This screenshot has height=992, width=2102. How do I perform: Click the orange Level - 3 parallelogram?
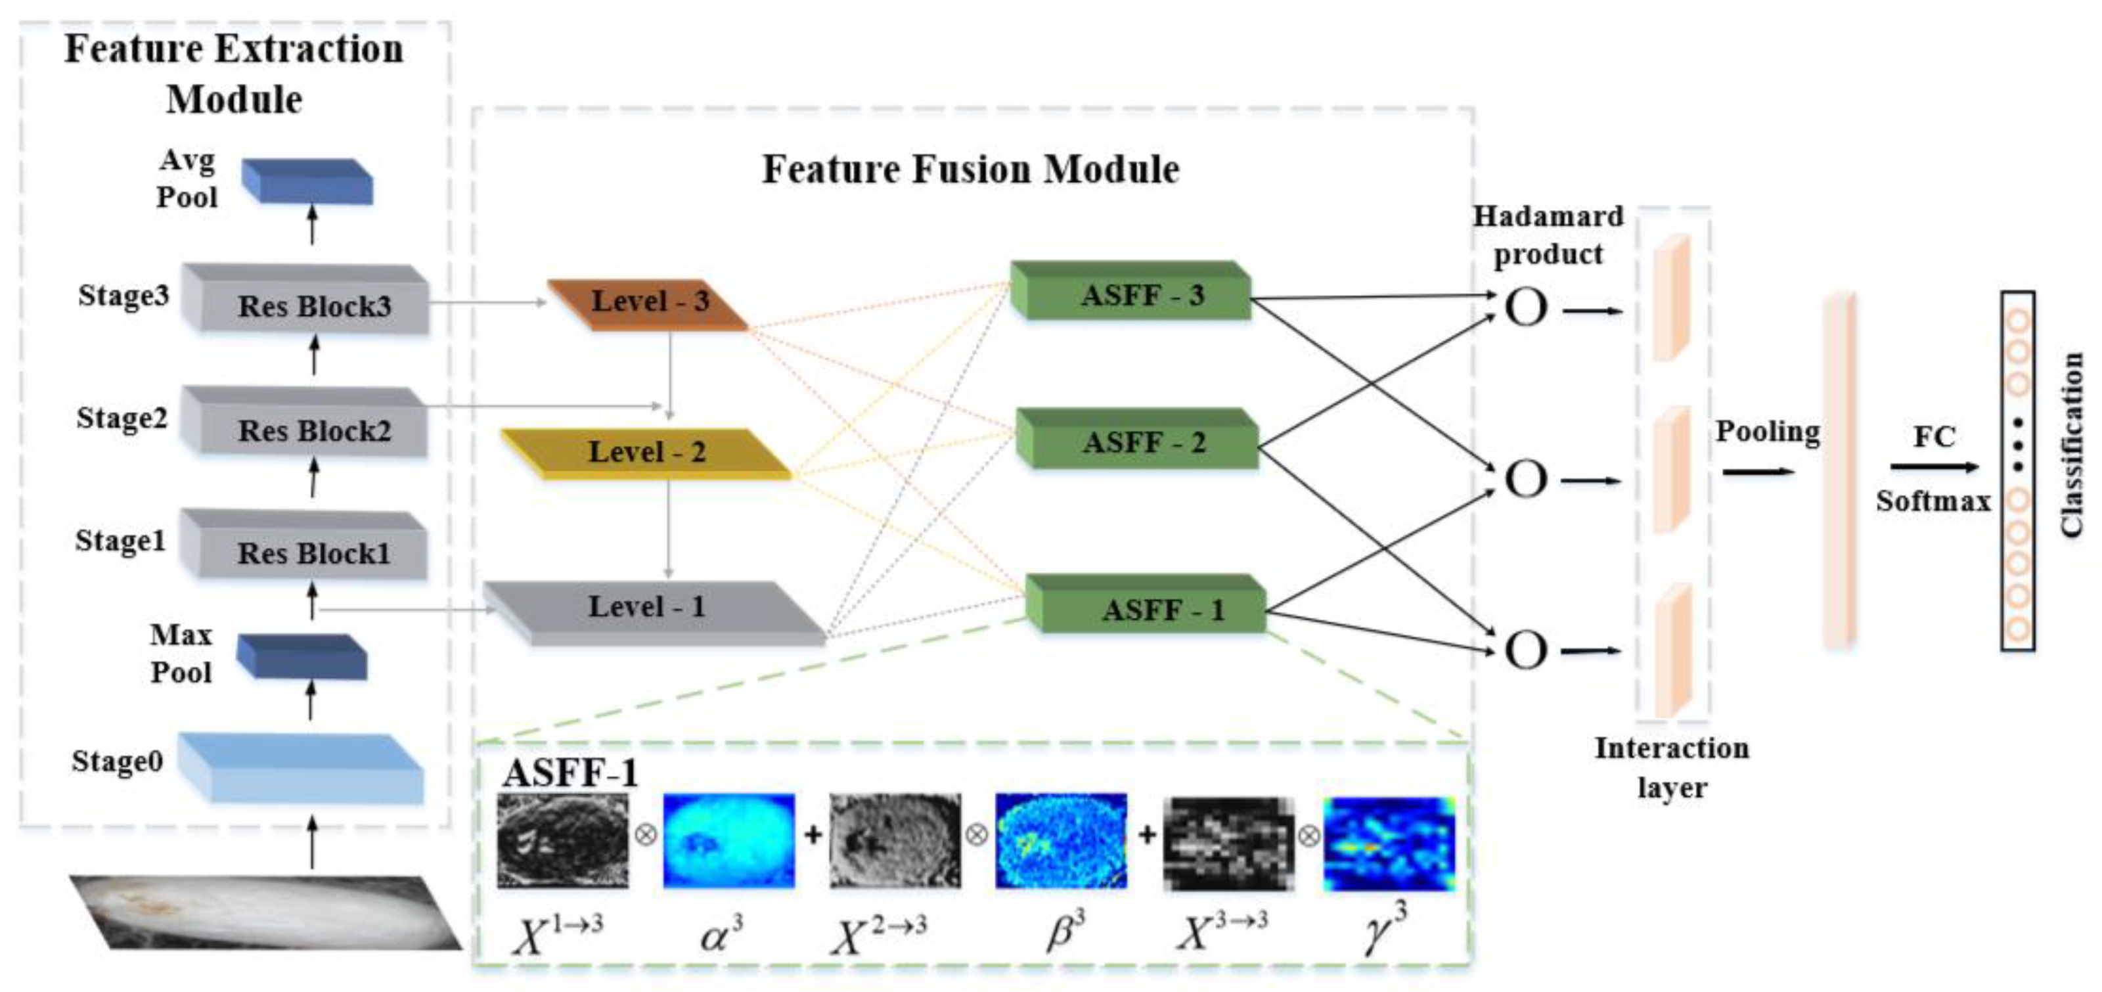click(649, 304)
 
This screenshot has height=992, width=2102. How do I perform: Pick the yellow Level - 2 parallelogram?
click(646, 453)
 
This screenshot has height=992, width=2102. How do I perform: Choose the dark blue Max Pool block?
click(302, 658)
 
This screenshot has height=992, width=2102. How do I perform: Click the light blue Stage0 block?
click(302, 767)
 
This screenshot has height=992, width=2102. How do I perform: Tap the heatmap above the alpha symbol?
click(728, 840)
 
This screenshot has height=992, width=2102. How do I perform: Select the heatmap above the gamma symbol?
click(1389, 844)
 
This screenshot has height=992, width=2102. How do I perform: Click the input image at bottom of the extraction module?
click(265, 912)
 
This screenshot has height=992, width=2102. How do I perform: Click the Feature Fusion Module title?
click(970, 169)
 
